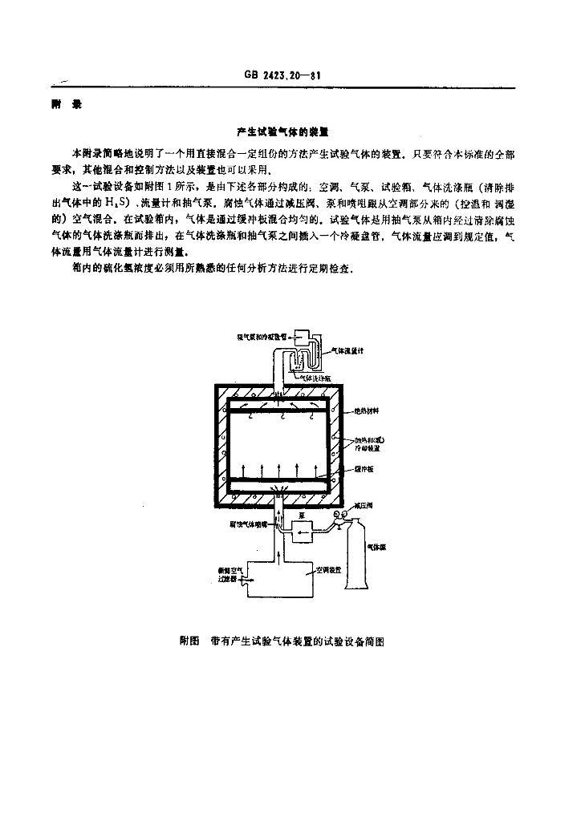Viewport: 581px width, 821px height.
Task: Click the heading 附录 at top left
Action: (x=63, y=105)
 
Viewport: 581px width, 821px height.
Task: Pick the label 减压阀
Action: (x=367, y=507)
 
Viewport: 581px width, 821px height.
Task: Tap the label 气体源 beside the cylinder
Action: (x=378, y=547)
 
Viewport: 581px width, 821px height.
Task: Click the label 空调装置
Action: (x=329, y=569)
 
